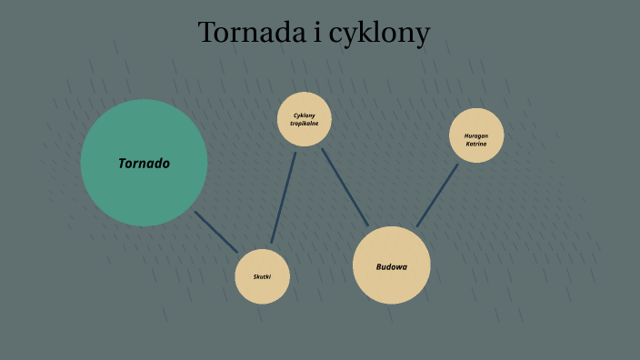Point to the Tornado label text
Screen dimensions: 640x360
(x=144, y=164)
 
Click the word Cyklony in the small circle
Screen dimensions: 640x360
(x=305, y=115)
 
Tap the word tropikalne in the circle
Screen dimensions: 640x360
(x=305, y=124)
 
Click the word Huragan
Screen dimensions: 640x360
(x=476, y=135)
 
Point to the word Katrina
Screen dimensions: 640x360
(x=476, y=144)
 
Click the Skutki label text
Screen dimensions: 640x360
(x=262, y=276)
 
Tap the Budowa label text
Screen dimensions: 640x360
(x=391, y=266)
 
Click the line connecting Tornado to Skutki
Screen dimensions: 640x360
(x=215, y=232)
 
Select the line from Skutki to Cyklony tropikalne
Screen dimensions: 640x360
(x=284, y=197)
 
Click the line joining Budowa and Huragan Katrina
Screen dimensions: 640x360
(x=437, y=195)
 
